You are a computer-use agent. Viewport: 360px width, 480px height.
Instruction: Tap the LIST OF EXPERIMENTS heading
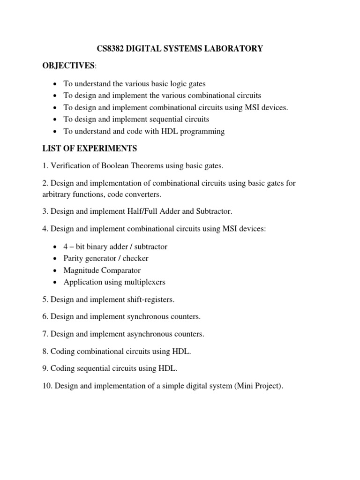click(90, 149)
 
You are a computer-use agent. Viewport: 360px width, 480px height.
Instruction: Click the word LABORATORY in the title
click(228, 49)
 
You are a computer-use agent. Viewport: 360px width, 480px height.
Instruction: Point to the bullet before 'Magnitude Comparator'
click(56, 270)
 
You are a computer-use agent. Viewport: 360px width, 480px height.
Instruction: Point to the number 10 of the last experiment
click(46, 387)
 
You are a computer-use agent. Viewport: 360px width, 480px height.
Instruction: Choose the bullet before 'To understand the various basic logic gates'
click(56, 84)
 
